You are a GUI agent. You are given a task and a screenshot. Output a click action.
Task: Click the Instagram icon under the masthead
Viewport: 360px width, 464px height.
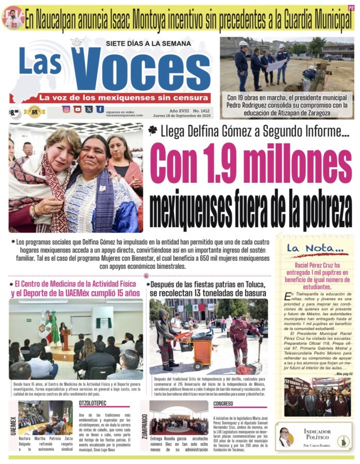66,109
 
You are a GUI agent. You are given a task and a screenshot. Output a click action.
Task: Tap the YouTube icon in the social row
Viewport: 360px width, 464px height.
78,109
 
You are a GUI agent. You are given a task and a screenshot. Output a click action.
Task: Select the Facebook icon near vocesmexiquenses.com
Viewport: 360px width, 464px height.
99,109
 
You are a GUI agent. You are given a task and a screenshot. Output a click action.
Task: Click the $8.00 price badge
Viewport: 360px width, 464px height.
14,111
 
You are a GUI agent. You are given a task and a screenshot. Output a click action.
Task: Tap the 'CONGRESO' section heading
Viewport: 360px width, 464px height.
223,404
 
